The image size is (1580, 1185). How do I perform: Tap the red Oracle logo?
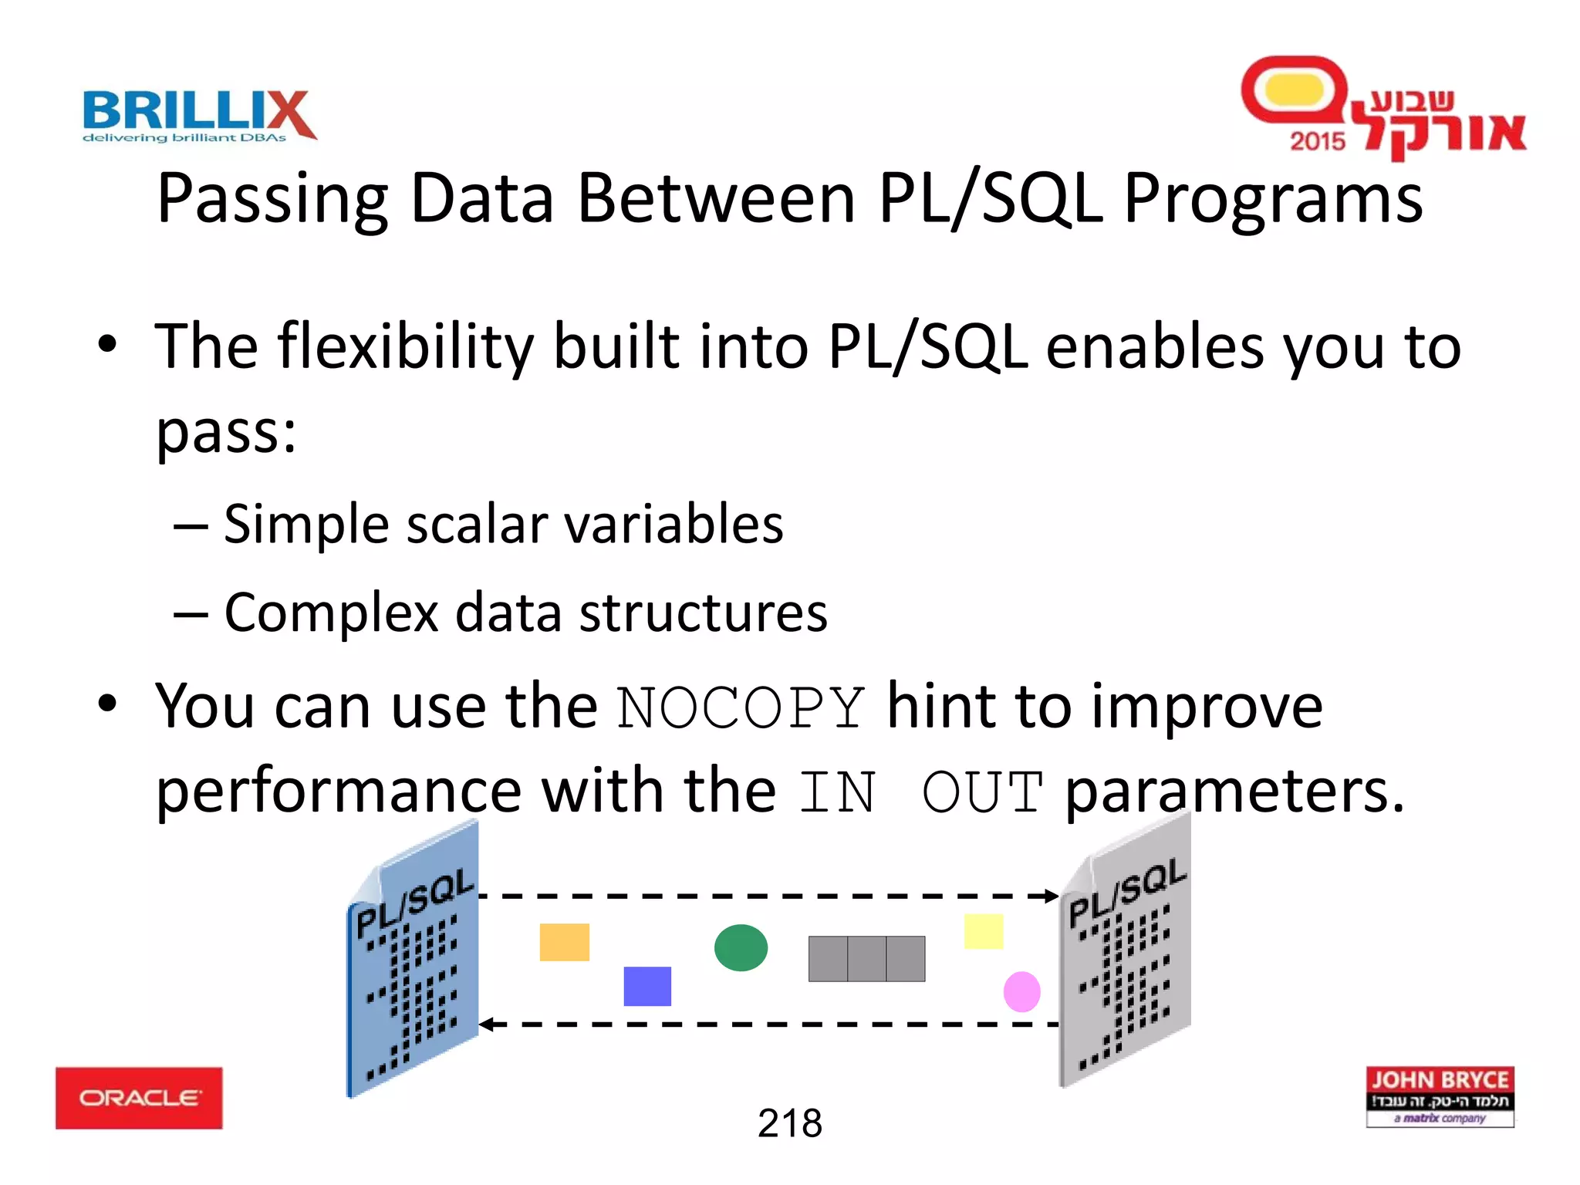tap(139, 1098)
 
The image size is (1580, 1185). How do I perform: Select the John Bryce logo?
tap(1440, 1096)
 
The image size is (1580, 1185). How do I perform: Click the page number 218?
tap(789, 1123)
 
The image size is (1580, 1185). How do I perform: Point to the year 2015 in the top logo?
tap(1317, 141)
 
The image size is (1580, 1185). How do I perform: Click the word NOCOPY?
tap(741, 708)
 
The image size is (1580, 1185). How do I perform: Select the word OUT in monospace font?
tap(982, 793)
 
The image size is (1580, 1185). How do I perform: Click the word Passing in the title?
tap(272, 199)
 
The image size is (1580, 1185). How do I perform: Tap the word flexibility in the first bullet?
tap(405, 347)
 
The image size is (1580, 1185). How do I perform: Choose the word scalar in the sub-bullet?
tap(477, 525)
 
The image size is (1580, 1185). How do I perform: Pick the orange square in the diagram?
tap(564, 942)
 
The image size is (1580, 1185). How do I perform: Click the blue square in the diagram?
tap(647, 986)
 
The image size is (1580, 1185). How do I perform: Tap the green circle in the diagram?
tap(741, 947)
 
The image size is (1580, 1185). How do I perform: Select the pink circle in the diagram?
tap(1021, 991)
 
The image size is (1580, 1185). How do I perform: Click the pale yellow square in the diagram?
tap(983, 931)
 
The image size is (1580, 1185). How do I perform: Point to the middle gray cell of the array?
tap(866, 959)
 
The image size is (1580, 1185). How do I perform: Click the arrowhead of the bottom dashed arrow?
tap(486, 1025)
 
